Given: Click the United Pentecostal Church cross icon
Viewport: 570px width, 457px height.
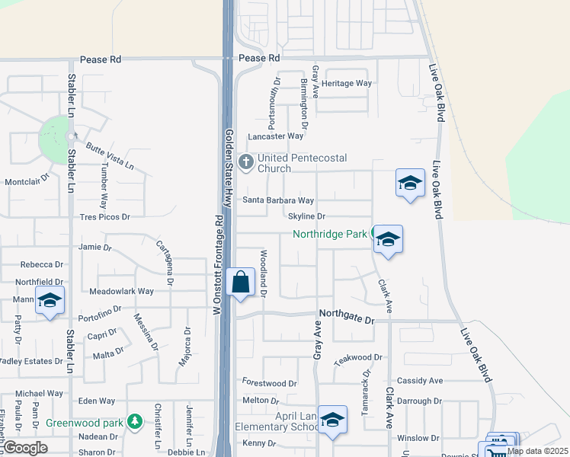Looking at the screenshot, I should (246, 162).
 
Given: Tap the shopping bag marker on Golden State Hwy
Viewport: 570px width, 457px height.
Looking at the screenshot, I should (241, 283).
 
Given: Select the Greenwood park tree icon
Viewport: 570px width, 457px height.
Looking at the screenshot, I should (135, 421).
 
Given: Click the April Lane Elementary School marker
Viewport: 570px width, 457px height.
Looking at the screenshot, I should (332, 420).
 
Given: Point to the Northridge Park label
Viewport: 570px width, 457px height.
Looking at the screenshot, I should (331, 234).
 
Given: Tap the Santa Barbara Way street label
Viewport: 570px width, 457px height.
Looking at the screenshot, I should (278, 200).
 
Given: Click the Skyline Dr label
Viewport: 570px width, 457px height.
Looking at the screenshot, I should (306, 216).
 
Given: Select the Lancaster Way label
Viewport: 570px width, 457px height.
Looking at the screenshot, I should (275, 136).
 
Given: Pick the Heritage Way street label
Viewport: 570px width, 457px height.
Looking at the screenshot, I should (347, 83).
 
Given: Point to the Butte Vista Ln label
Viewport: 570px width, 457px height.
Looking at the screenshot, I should (110, 156).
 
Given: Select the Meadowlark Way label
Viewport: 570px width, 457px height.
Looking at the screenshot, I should (122, 291).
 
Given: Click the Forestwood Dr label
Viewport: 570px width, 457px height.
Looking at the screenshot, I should (269, 383).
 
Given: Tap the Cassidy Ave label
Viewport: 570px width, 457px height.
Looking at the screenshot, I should (420, 380).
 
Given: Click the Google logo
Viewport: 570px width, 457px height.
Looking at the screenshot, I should (25, 448).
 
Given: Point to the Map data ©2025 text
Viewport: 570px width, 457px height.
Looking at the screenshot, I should (536, 451).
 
